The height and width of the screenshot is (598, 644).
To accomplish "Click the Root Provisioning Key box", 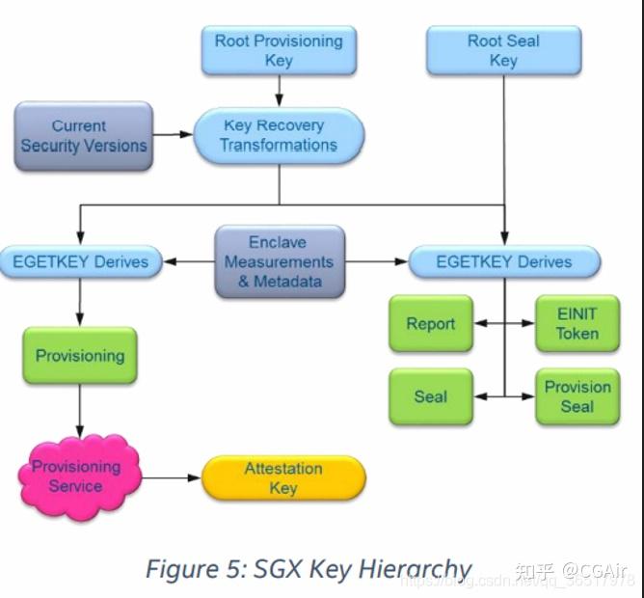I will (278, 50).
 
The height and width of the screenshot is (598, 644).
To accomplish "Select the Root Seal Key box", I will (503, 50).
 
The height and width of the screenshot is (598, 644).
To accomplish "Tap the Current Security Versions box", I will (84, 136).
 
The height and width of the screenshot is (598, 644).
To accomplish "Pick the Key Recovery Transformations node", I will (279, 135).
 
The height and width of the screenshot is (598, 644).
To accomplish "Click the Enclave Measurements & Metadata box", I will (279, 261).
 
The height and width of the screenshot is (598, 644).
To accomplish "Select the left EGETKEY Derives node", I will (80, 261).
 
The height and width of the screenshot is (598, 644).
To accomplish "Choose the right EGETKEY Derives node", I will (504, 261).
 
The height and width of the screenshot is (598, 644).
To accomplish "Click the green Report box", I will (430, 324).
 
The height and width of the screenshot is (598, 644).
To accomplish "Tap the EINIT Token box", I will (577, 324).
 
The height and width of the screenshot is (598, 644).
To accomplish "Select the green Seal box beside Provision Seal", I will (430, 396).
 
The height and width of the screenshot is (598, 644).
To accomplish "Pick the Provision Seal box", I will (577, 396).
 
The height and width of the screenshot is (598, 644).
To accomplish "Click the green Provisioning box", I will (80, 356).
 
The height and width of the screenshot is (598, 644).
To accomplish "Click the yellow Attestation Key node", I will (283, 478).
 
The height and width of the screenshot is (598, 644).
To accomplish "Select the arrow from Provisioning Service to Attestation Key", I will (172, 477).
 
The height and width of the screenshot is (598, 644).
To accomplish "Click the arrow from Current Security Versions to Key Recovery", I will (174, 135).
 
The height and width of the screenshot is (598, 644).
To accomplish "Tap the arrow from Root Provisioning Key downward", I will (279, 91).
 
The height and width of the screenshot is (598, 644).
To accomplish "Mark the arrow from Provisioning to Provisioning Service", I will (80, 413).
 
